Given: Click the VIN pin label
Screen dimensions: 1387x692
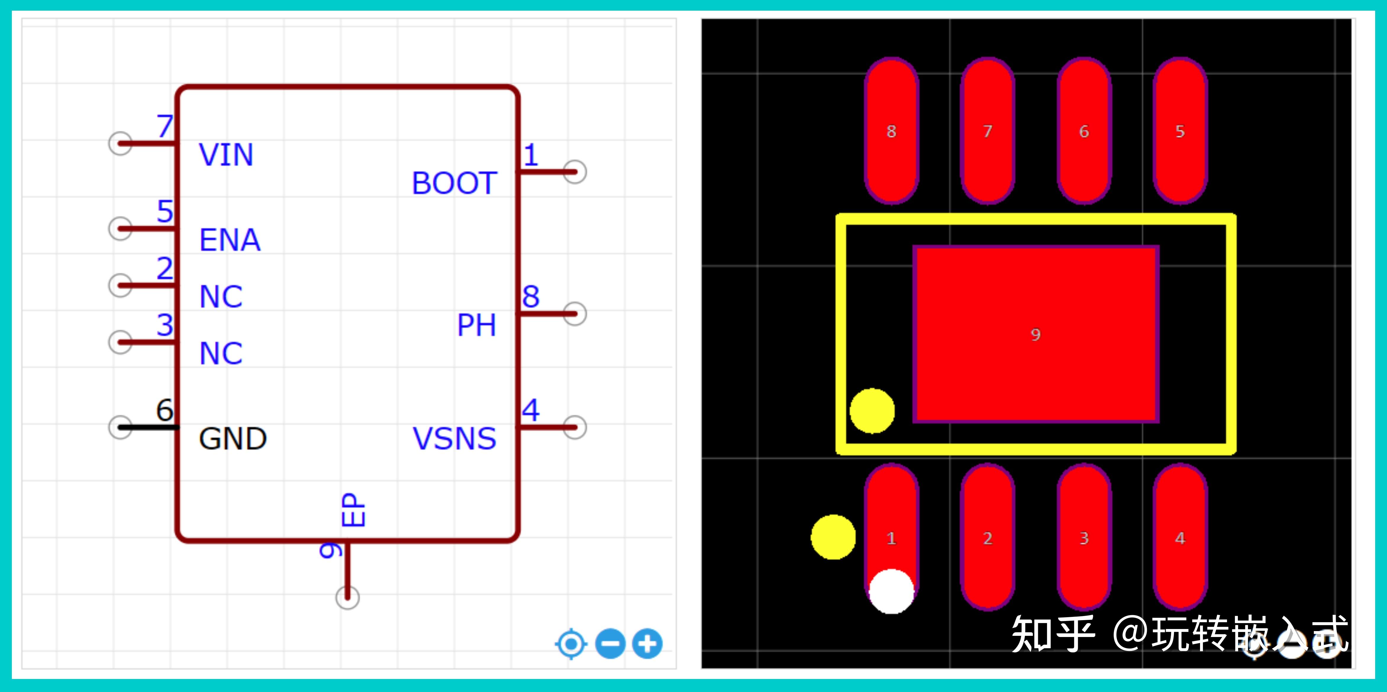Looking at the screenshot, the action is pos(226,155).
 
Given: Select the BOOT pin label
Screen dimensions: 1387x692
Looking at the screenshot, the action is pos(454,183).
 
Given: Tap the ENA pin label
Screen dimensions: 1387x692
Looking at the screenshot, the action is pos(230,240).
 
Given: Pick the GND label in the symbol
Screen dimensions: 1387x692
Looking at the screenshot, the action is pos(233,439).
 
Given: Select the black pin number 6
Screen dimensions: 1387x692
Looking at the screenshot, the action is pos(165,410).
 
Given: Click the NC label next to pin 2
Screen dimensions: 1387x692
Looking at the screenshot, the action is pos(221,297).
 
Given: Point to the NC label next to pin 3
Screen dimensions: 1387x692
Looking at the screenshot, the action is pos(221,353).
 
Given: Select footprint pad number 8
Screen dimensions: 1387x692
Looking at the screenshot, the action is pos(891,131).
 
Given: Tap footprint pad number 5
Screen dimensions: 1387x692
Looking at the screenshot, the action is pos(1180,131).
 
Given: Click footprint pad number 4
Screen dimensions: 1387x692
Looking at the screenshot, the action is pos(1180,538).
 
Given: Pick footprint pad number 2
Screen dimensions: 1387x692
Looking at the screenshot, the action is pos(988,538).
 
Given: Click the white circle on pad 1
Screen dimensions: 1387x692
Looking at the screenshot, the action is pos(891,591).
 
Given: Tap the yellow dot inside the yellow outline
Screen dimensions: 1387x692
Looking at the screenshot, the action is pos(872,410).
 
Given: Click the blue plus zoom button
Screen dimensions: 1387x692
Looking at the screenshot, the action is pos(647,644).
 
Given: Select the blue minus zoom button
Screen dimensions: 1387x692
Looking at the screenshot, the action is pos(610,644).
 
